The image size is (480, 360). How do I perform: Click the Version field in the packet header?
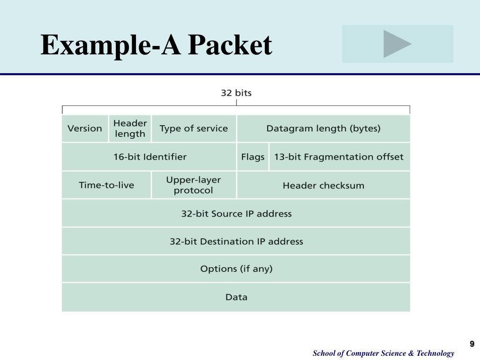click(85, 128)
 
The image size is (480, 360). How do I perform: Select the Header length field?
click(130, 128)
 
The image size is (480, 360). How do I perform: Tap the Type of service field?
click(194, 128)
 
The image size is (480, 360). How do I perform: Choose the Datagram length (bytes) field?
click(323, 128)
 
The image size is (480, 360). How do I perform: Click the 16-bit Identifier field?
click(150, 157)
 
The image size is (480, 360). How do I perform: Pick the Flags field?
click(253, 157)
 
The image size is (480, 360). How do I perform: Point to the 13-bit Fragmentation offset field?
click(339, 157)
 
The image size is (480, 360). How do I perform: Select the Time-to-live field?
click(106, 185)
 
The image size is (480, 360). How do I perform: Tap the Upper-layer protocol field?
click(194, 185)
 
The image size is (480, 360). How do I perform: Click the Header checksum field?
click(323, 186)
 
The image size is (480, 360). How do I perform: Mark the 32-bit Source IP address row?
click(236, 214)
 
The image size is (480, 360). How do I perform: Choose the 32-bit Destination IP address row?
click(236, 242)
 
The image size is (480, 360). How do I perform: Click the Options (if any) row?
click(236, 269)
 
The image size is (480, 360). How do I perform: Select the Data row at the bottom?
click(236, 297)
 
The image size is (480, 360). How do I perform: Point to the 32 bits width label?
click(236, 93)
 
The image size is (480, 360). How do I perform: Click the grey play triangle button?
click(397, 44)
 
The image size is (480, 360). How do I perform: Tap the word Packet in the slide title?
click(230, 46)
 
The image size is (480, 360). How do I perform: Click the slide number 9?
click(472, 344)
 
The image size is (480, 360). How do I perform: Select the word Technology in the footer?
click(436, 353)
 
